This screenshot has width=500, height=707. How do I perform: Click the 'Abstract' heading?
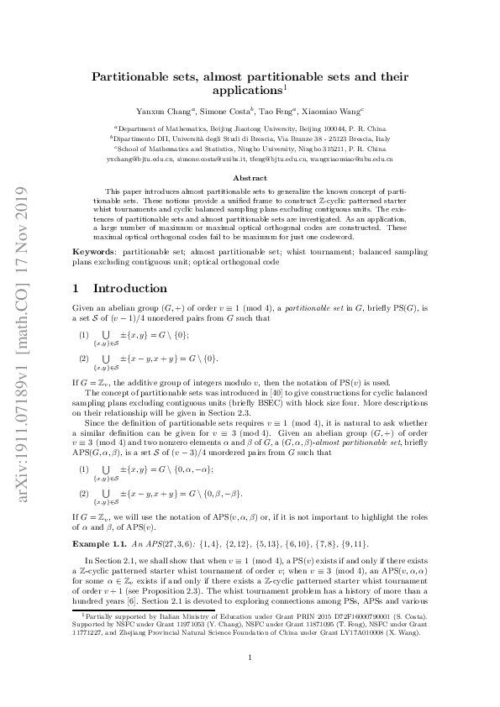click(250, 178)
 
